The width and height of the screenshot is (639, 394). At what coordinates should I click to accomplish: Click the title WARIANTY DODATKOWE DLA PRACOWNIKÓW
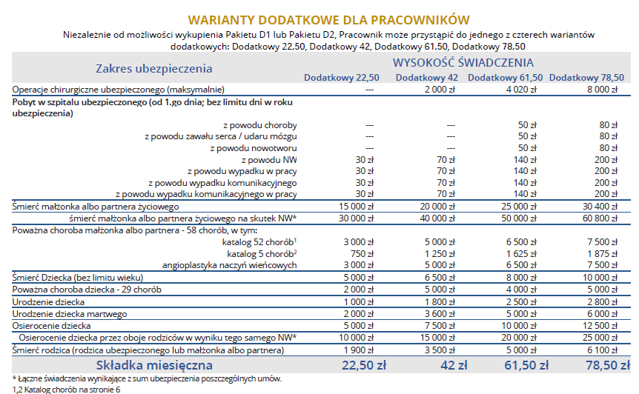(328, 19)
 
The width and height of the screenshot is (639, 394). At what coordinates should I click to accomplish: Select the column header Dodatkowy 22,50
(341, 78)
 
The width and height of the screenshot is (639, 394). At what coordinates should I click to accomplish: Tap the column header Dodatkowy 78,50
(586, 78)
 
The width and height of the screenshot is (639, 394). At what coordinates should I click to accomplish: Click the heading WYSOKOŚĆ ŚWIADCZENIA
(463, 63)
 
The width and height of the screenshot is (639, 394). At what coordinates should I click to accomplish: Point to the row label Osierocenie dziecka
(52, 326)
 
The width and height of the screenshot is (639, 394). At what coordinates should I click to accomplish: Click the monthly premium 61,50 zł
(523, 365)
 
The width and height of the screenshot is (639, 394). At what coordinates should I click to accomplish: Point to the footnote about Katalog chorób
(66, 389)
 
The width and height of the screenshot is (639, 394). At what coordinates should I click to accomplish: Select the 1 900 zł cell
(361, 350)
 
